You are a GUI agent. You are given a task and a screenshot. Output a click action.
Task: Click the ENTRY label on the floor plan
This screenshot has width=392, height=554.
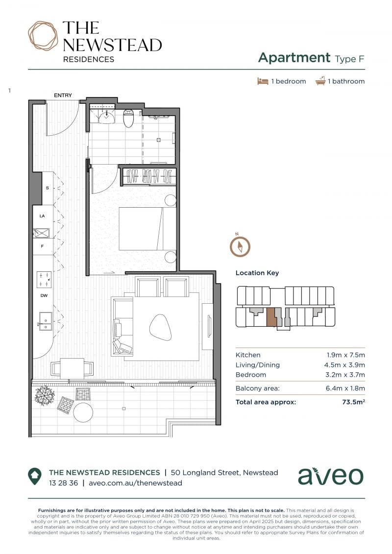pyautogui.click(x=63, y=96)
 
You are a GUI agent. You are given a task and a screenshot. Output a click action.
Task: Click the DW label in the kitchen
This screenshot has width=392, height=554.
pyautogui.click(x=44, y=295)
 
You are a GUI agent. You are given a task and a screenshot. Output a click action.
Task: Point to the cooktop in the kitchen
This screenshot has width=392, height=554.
pyautogui.click(x=44, y=279)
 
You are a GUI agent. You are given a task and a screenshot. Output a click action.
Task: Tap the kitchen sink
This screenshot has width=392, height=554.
pyautogui.click(x=46, y=321)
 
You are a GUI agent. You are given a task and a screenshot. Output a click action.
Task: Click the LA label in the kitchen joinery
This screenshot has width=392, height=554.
pyautogui.click(x=42, y=216)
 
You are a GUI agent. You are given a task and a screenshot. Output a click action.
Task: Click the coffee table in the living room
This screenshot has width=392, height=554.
pyautogui.click(x=161, y=327)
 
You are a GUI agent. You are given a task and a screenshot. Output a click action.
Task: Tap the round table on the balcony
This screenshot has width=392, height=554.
pyautogui.click(x=83, y=412)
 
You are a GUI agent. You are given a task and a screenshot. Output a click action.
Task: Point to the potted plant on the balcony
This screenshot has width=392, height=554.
pyautogui.click(x=45, y=396)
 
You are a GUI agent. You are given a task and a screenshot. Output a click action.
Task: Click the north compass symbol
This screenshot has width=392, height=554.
pyautogui.click(x=240, y=246)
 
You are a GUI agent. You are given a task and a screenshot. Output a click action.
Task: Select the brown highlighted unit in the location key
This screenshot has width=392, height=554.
pyautogui.click(x=271, y=317)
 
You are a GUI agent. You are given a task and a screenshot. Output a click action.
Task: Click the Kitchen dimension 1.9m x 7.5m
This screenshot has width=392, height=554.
pyautogui.click(x=345, y=355)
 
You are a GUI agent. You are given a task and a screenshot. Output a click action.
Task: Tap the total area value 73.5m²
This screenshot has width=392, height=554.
pyautogui.click(x=353, y=402)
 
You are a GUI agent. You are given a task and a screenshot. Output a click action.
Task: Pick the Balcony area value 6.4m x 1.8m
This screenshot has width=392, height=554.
pyautogui.click(x=345, y=388)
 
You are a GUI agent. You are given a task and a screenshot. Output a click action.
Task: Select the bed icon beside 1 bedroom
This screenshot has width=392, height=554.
pyautogui.click(x=263, y=81)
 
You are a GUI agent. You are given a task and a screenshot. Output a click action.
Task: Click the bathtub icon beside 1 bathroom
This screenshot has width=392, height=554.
pyautogui.click(x=320, y=81)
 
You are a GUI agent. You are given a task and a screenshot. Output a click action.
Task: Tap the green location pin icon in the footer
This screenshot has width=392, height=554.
pyautogui.click(x=35, y=477)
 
